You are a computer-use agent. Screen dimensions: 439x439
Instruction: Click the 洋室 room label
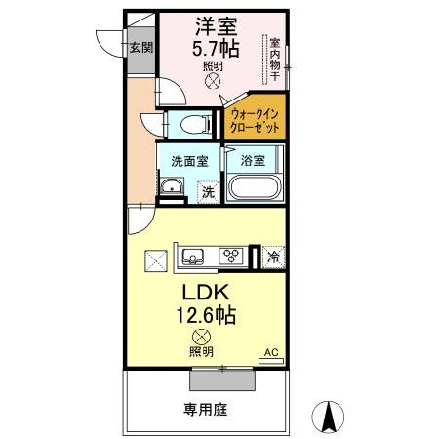(x=216, y=26)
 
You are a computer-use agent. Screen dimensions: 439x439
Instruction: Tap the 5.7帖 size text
(x=216, y=49)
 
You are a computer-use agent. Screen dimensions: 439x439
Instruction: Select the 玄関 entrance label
(x=141, y=48)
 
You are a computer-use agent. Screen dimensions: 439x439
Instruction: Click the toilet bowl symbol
(x=195, y=125)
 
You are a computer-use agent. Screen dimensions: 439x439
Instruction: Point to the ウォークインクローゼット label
(x=255, y=121)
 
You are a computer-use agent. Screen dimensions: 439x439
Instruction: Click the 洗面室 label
(x=189, y=161)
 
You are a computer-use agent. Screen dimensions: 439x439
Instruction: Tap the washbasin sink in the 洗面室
(x=172, y=186)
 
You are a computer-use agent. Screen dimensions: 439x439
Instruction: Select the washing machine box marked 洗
(x=209, y=192)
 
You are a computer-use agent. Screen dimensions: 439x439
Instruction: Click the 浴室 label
(x=253, y=160)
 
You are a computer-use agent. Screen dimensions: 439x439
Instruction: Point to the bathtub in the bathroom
(x=256, y=187)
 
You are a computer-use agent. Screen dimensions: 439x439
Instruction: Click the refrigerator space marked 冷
(x=273, y=258)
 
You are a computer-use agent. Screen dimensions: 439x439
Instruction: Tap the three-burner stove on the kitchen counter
(x=231, y=256)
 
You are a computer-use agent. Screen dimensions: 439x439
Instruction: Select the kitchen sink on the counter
(x=193, y=256)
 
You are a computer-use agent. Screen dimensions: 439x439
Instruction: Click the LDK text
(x=206, y=293)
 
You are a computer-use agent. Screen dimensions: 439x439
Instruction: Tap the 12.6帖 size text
(x=206, y=315)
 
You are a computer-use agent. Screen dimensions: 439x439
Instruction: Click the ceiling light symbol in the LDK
(x=201, y=338)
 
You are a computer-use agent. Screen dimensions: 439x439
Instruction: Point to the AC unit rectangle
(x=271, y=361)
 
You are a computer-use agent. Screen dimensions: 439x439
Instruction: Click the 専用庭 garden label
(x=206, y=410)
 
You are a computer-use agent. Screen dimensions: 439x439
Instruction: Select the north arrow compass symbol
(x=328, y=417)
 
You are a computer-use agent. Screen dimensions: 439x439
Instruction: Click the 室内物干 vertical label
(x=275, y=60)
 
